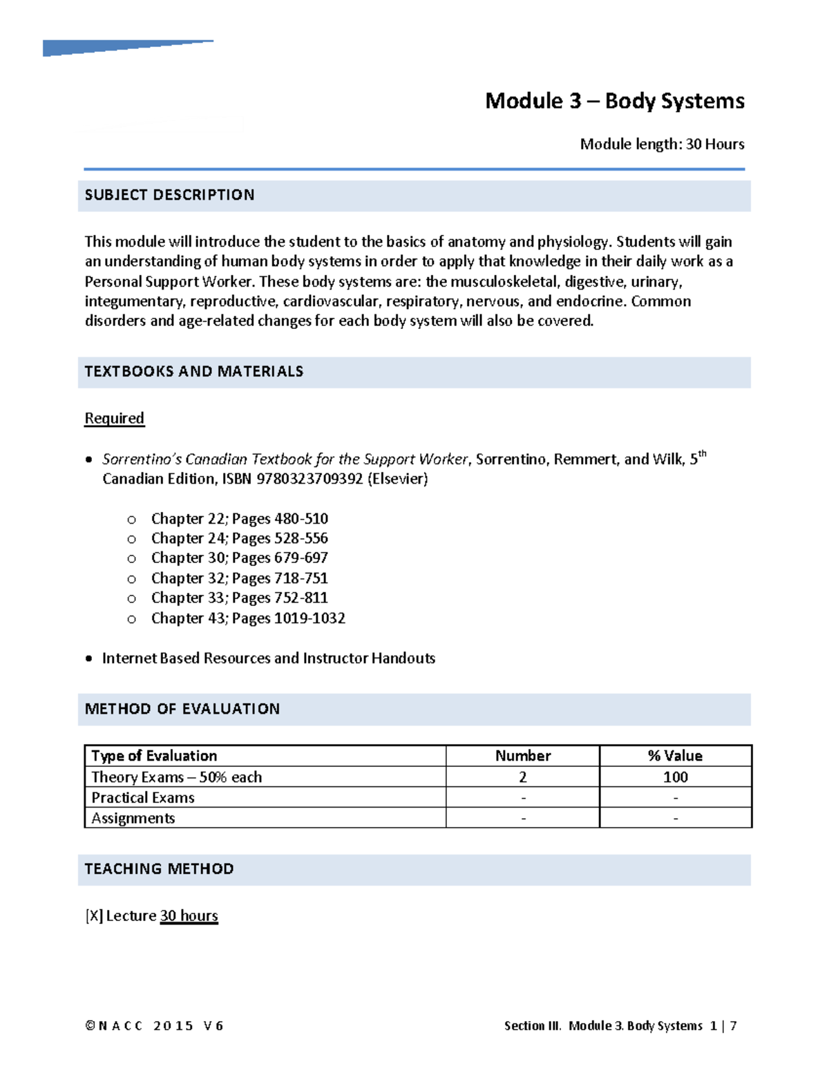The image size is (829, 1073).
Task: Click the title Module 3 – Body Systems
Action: (x=614, y=101)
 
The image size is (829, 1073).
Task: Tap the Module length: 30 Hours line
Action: (x=662, y=144)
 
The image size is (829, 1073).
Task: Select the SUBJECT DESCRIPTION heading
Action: (x=169, y=196)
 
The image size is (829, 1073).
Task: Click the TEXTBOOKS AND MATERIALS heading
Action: (x=193, y=372)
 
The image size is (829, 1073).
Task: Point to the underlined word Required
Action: (x=114, y=419)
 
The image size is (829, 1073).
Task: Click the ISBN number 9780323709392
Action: (x=309, y=479)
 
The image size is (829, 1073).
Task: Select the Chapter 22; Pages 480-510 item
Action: (x=239, y=519)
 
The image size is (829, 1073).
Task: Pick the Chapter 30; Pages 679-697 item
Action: (x=239, y=558)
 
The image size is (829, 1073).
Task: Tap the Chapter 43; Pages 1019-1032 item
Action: (x=248, y=618)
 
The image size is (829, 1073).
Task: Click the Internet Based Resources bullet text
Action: (x=268, y=658)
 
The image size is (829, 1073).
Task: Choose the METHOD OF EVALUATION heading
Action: (x=182, y=709)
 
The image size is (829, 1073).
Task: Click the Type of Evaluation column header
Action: (x=154, y=756)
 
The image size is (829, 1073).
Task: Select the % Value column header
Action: (x=675, y=756)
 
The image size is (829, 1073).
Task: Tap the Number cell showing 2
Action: (x=523, y=777)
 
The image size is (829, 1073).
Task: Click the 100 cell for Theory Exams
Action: (x=675, y=777)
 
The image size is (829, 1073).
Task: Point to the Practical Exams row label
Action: (x=143, y=798)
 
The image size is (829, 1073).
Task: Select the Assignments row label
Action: (x=133, y=819)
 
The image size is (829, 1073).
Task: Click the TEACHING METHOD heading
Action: (x=159, y=869)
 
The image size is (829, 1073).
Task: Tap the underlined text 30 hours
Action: (x=189, y=916)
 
